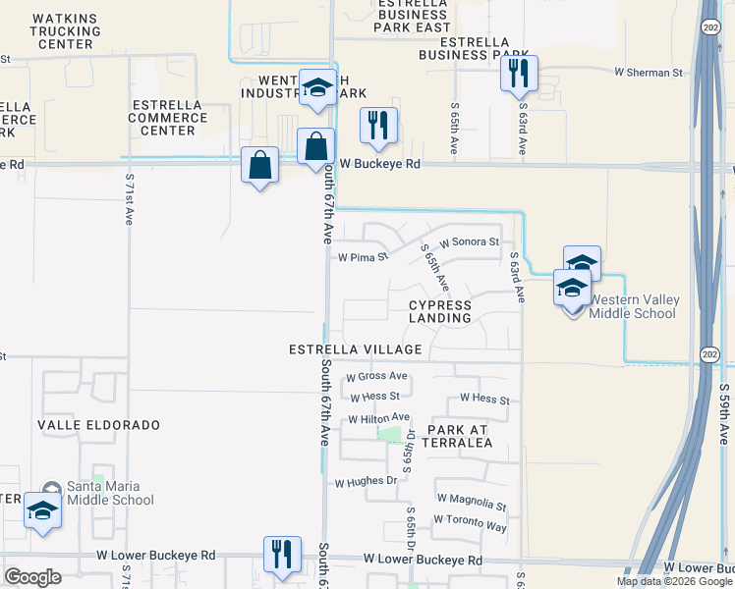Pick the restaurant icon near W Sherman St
(x=518, y=73)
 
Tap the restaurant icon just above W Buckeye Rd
(x=378, y=125)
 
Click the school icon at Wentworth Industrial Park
(x=317, y=87)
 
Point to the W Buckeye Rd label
(x=380, y=165)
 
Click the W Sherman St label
(x=648, y=73)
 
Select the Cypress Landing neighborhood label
(x=440, y=311)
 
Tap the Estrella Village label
(x=356, y=349)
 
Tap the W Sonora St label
(x=469, y=241)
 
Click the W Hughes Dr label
(x=366, y=482)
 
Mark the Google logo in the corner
(x=32, y=577)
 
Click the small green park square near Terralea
(x=391, y=434)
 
